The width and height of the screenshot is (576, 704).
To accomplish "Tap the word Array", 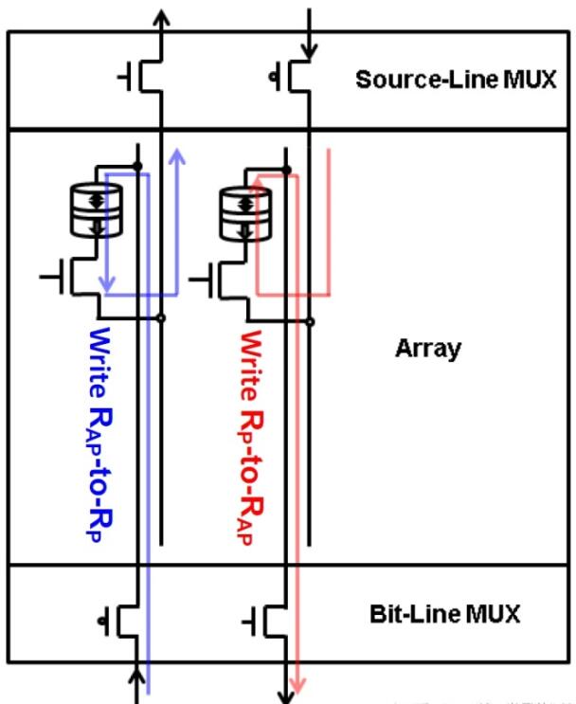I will pyautogui.click(x=427, y=348).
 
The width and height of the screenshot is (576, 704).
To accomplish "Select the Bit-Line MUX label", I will pyautogui.click(x=444, y=613).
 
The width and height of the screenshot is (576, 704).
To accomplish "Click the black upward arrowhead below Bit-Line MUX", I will pyautogui.click(x=139, y=675).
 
